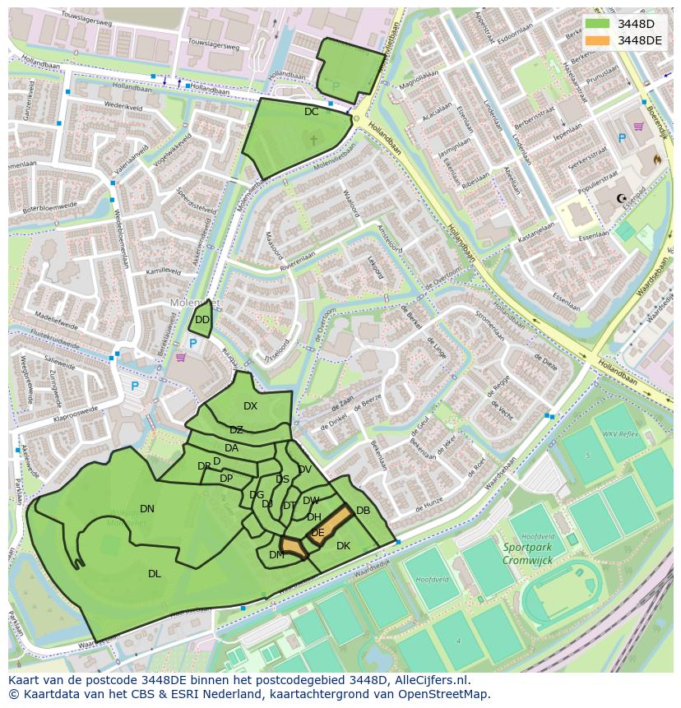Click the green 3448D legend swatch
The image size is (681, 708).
point(597,24)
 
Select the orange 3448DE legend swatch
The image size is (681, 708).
point(597,40)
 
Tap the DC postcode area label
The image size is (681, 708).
point(311,112)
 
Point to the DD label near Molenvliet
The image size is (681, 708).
point(202,320)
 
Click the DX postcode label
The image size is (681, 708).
point(250,406)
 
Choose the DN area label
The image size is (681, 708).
point(147,509)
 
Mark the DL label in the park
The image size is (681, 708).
point(154,574)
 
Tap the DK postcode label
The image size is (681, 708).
point(343,546)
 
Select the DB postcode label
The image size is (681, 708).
point(363,511)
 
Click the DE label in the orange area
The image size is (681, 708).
point(317,533)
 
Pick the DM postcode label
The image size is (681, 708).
point(276,555)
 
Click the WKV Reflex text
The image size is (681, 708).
point(620,434)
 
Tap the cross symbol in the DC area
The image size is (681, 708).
point(313,140)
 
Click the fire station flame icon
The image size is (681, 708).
point(656,158)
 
